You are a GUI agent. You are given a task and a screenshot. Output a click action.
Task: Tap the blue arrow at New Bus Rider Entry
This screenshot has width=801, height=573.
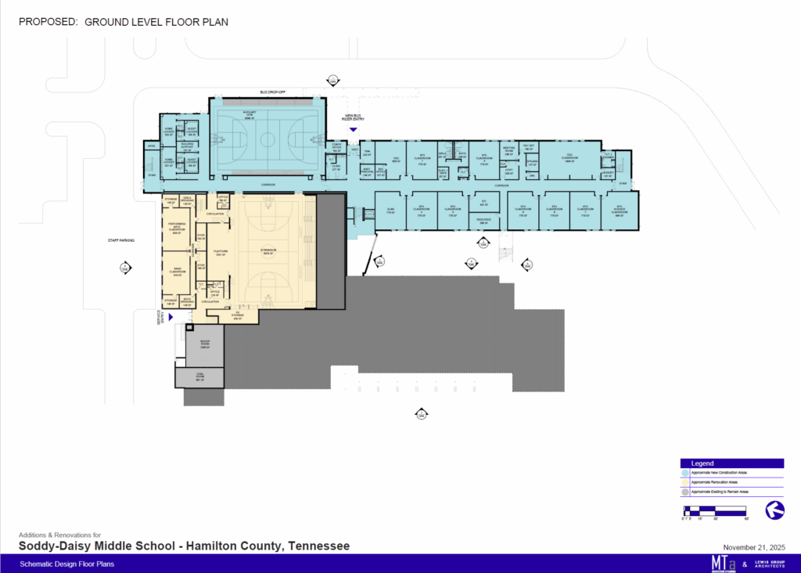click(x=353, y=130)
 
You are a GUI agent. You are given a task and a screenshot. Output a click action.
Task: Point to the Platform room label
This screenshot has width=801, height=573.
click(x=221, y=253)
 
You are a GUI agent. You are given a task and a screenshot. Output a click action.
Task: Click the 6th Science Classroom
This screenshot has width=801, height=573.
click(x=619, y=210)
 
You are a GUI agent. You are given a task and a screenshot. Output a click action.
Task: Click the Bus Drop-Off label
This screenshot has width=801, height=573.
click(x=272, y=92)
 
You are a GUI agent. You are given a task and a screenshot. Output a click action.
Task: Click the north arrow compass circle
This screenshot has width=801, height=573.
click(x=774, y=510)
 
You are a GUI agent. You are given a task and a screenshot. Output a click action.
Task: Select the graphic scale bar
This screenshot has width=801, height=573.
click(x=715, y=510)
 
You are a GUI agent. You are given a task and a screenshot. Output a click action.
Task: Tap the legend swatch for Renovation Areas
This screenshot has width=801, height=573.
click(x=685, y=482)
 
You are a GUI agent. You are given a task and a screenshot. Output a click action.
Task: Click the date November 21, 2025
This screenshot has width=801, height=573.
click(x=753, y=546)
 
